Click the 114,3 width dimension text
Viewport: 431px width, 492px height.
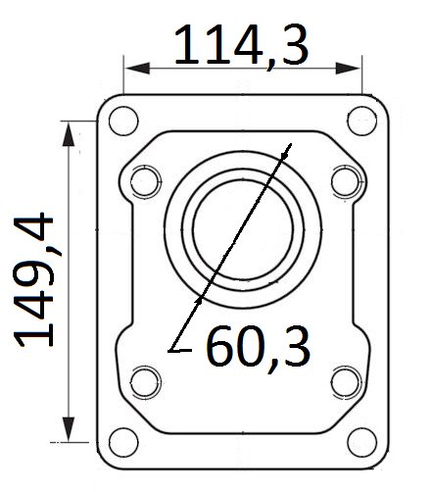tap(241, 45)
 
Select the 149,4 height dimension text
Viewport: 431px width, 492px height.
tap(33, 280)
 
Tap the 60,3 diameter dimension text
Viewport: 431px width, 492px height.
tap(259, 347)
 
